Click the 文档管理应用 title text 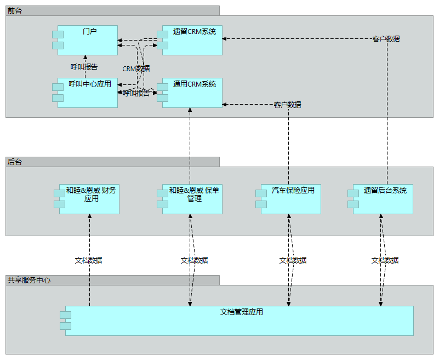[241, 312]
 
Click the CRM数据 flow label [136, 68]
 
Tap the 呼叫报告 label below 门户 [84, 67]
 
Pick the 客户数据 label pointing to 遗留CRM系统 [386, 39]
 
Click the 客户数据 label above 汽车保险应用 [287, 105]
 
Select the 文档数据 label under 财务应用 [89, 260]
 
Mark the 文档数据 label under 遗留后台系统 [385, 260]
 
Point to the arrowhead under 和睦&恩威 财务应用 [89, 216]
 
